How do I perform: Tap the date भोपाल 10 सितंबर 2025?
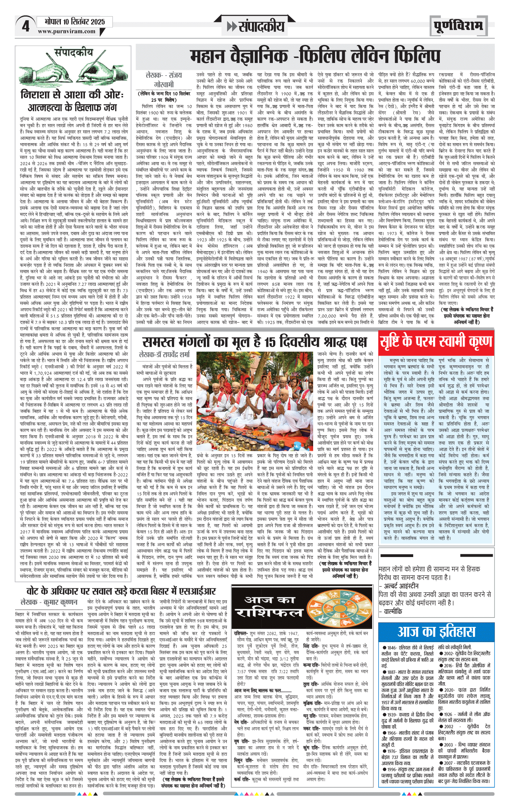[75, 22]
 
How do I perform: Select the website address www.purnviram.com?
[67, 31]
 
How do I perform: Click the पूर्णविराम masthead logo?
[458, 26]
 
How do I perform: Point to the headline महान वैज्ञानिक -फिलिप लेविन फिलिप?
[315, 56]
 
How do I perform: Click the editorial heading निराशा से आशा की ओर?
[72, 95]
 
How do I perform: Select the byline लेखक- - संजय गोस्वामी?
[164, 80]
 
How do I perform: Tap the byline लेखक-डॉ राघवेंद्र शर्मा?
[164, 354]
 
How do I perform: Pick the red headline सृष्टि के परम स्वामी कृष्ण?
[436, 341]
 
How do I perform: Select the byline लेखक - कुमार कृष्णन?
[49, 602]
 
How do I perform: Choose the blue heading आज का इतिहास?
[436, 632]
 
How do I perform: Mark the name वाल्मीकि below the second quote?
[393, 611]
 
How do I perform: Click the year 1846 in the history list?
[392, 647]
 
